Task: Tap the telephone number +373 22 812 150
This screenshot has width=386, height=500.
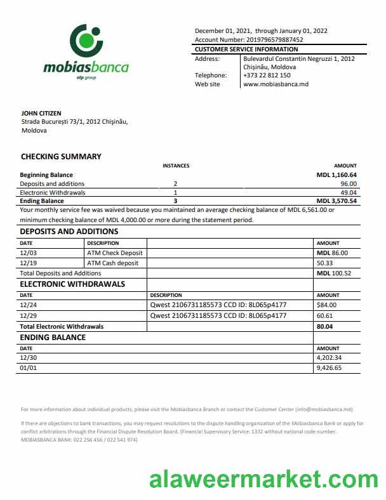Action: click(267, 75)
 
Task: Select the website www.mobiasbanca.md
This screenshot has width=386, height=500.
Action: click(276, 84)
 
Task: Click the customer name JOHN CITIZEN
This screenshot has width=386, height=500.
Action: click(41, 114)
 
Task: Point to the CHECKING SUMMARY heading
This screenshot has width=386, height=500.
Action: click(61, 157)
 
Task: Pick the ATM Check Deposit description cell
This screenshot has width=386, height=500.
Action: click(115, 253)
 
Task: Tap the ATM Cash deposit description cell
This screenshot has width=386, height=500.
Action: click(112, 263)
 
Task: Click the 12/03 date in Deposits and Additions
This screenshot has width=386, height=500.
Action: click(28, 253)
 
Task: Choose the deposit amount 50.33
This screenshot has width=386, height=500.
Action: click(324, 263)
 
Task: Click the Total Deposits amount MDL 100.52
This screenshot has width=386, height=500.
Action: click(333, 273)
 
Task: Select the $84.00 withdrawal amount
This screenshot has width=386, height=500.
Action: click(326, 305)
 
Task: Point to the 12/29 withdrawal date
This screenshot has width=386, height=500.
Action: click(28, 315)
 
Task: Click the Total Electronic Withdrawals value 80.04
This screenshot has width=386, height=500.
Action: click(324, 326)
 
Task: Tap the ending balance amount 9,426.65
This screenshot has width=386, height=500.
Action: click(329, 367)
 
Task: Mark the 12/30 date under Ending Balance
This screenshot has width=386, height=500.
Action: click(28, 357)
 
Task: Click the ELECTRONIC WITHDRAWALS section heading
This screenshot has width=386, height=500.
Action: click(72, 284)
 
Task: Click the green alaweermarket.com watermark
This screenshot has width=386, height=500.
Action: click(263, 478)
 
